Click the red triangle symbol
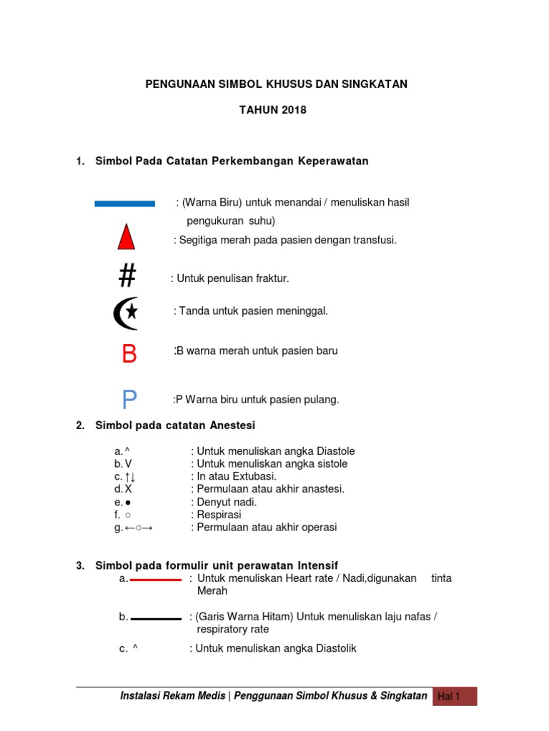point(127,237)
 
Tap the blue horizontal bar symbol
point(125,203)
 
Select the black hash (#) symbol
point(127,276)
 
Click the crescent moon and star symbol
point(126,313)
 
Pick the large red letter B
point(129,353)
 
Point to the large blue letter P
point(129,400)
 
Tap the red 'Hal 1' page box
point(455,697)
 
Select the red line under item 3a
point(156,580)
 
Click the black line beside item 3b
point(156,619)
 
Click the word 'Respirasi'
point(218,515)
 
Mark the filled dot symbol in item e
point(127,502)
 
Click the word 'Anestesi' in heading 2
point(232,425)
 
